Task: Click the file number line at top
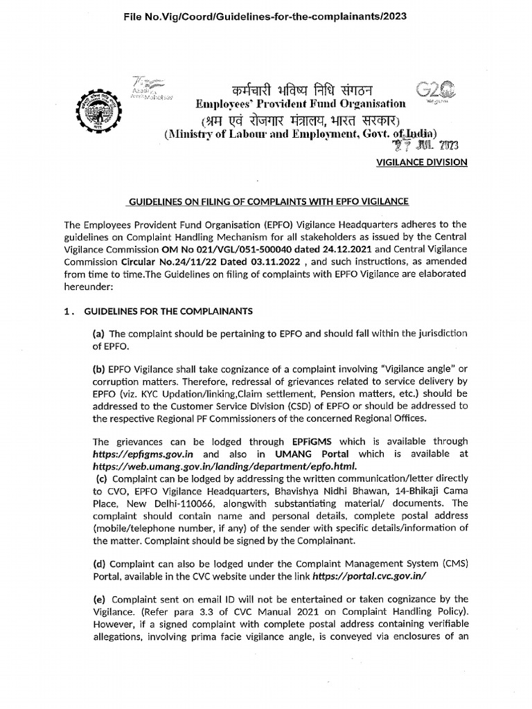(x=266, y=16)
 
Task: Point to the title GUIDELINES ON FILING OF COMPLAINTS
(x=266, y=201)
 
